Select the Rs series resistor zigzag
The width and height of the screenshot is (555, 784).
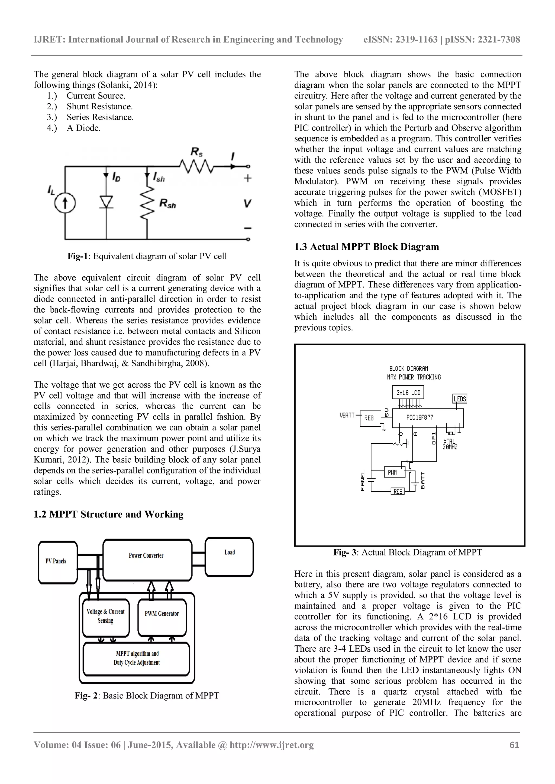tap(196, 167)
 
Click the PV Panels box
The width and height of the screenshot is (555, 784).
tap(57, 562)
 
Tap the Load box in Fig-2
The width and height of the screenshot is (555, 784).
tap(229, 557)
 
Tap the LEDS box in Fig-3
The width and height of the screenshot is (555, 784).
tap(460, 398)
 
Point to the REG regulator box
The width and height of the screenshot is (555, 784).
tap(370, 418)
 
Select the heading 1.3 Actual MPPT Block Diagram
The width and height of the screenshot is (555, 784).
tap(366, 247)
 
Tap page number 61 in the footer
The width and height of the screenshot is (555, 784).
tap(514, 745)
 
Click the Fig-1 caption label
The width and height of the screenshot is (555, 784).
tap(78, 256)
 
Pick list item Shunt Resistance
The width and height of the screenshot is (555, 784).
tap(99, 107)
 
